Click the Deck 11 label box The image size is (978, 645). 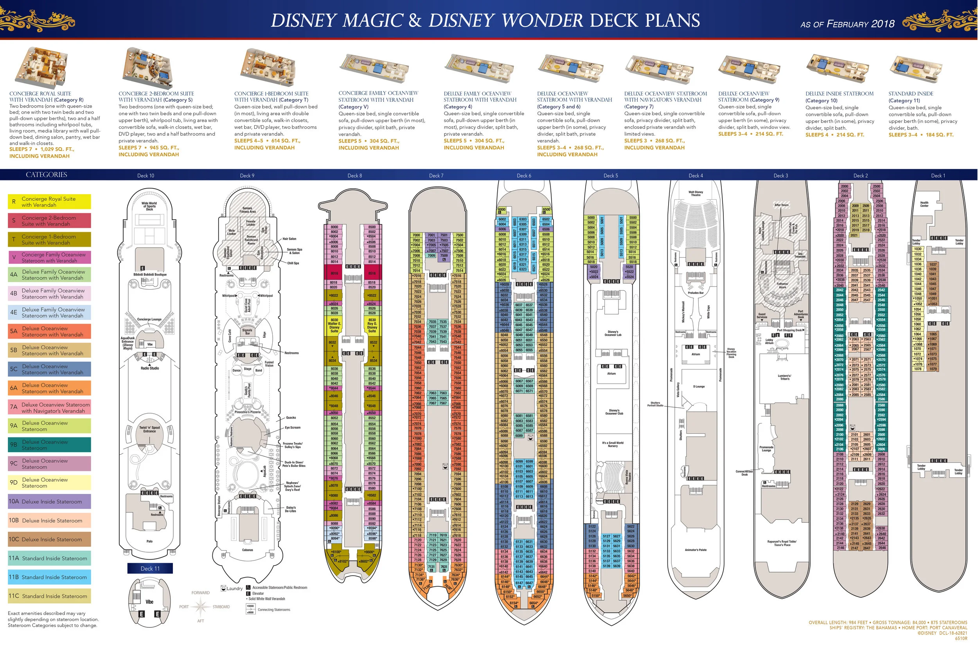(x=150, y=569)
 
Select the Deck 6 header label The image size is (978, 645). (x=524, y=176)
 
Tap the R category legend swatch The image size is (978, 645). (x=14, y=202)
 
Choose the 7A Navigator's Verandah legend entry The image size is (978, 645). (x=49, y=407)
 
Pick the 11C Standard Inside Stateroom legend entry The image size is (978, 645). (x=49, y=596)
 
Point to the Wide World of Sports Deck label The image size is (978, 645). (x=149, y=206)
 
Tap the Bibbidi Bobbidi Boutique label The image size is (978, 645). (x=150, y=274)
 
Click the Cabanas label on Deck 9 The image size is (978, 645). (x=248, y=550)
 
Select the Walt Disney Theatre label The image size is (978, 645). (x=696, y=193)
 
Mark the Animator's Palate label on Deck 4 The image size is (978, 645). (x=696, y=550)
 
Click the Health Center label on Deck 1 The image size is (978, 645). (x=924, y=204)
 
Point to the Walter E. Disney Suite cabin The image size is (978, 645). (x=334, y=325)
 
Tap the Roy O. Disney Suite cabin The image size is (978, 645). (x=372, y=325)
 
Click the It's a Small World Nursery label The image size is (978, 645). (x=613, y=444)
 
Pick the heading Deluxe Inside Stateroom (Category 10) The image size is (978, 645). (x=839, y=97)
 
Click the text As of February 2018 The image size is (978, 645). (x=847, y=24)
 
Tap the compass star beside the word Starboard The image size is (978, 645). (x=201, y=606)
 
